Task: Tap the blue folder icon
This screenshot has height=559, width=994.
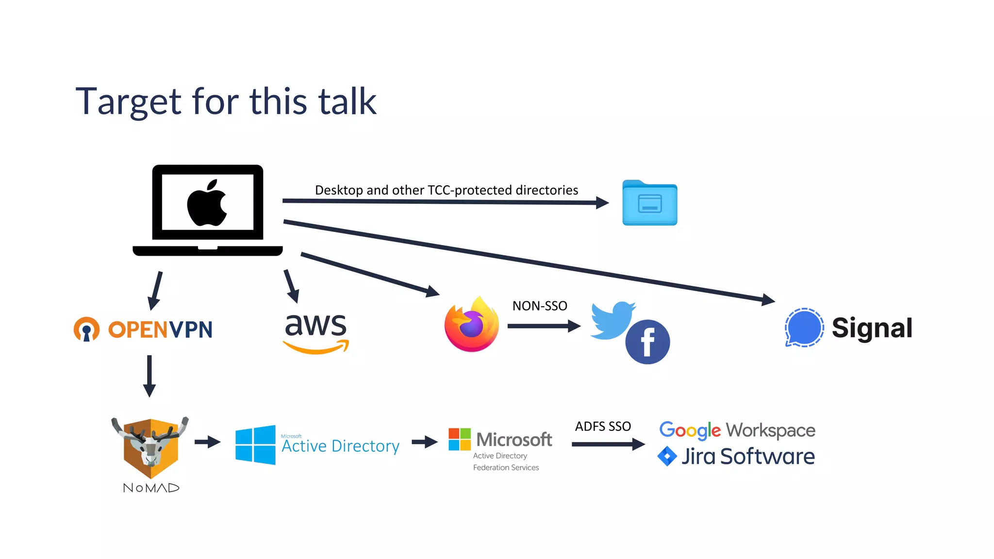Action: tap(649, 203)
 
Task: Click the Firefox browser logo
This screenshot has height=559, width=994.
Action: tap(472, 324)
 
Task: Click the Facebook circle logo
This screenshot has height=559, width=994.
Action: tap(647, 342)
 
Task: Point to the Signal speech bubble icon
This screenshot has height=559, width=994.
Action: tap(804, 328)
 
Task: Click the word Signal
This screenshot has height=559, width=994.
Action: tap(872, 328)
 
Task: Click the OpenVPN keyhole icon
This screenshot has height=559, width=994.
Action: tap(86, 329)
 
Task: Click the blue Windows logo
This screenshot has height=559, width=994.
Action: tap(255, 445)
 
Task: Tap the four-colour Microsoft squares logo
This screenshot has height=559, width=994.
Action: tap(460, 439)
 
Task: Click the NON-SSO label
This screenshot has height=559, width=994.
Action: tap(540, 306)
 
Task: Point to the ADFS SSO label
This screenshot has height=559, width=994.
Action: tap(603, 426)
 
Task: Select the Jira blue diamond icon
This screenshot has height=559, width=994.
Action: tap(667, 456)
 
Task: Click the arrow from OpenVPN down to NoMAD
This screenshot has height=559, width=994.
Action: tap(149, 376)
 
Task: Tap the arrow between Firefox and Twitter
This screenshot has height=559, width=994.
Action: tap(544, 326)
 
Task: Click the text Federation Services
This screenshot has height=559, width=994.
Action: tap(506, 467)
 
